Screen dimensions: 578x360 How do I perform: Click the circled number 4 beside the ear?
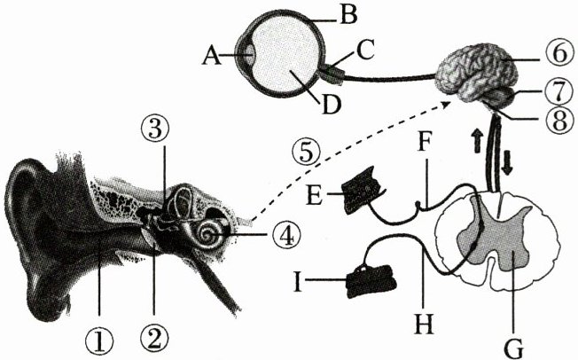coord(281,235)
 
